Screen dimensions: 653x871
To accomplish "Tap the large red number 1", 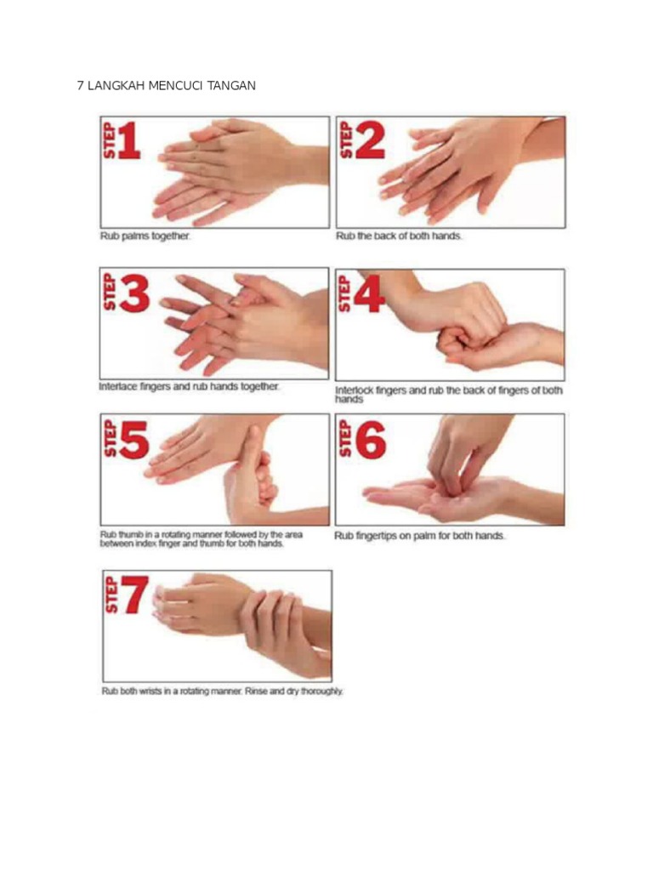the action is (x=128, y=140).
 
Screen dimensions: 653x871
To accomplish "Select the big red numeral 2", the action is (x=370, y=140).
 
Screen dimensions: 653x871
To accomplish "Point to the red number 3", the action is (x=134, y=293).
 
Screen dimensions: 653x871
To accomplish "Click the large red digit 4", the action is (x=369, y=293).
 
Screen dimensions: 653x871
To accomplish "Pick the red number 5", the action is (x=133, y=440).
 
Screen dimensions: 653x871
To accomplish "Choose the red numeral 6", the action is (x=371, y=440).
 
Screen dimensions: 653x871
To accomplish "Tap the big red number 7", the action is (x=135, y=595).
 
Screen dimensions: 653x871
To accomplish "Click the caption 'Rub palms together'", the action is (x=145, y=236).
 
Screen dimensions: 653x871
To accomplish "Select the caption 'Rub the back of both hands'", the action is (x=399, y=236).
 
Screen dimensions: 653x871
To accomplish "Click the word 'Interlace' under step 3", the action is (x=117, y=387).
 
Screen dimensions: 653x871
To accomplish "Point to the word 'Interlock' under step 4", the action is (x=354, y=390).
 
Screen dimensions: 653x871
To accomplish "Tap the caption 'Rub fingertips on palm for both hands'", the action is (x=420, y=536).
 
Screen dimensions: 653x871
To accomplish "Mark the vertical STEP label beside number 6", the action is (x=345, y=439).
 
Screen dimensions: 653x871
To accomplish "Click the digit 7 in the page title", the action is (x=81, y=86).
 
